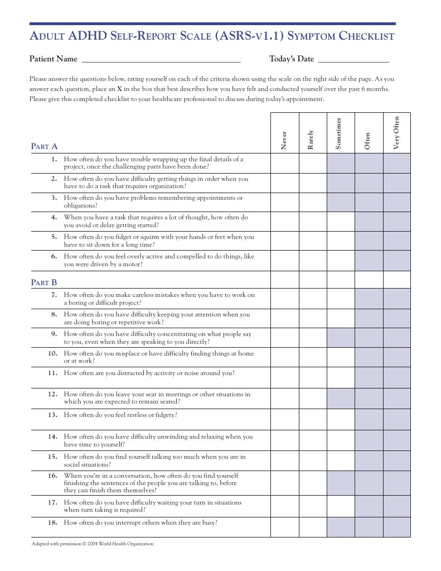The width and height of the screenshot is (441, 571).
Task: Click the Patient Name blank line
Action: (x=161, y=59)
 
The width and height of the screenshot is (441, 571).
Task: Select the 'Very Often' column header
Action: (x=396, y=132)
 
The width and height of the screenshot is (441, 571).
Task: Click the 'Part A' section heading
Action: (x=44, y=147)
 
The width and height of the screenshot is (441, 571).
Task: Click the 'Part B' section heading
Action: (x=44, y=283)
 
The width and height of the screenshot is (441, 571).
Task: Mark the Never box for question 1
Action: (x=284, y=164)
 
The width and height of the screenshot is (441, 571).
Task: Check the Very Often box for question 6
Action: (x=396, y=261)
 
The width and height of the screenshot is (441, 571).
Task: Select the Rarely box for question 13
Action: (x=312, y=420)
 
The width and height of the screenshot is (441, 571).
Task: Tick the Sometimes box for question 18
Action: (x=340, y=527)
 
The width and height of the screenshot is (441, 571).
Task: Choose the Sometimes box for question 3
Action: (x=340, y=202)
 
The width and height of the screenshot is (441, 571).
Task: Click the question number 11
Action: (x=53, y=373)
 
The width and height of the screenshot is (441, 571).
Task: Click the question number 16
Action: (x=53, y=476)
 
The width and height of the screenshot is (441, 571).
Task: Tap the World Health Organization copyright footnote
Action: (x=93, y=544)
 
